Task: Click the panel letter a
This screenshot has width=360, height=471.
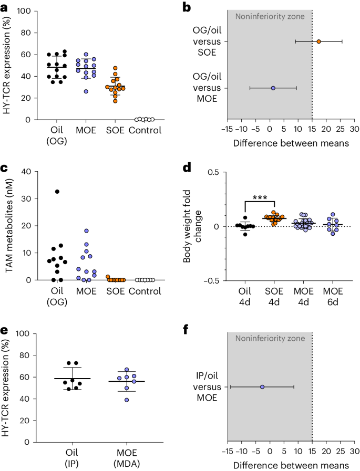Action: click(6, 6)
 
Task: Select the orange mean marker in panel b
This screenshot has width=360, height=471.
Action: click(318, 41)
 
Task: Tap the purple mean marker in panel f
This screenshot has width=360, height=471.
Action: click(262, 387)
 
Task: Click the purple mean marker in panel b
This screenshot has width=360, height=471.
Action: click(273, 88)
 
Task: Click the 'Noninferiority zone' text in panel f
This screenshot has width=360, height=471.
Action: click(270, 339)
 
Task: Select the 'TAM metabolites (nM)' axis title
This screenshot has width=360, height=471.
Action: click(9, 226)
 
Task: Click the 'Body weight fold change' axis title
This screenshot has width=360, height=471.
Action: click(192, 226)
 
